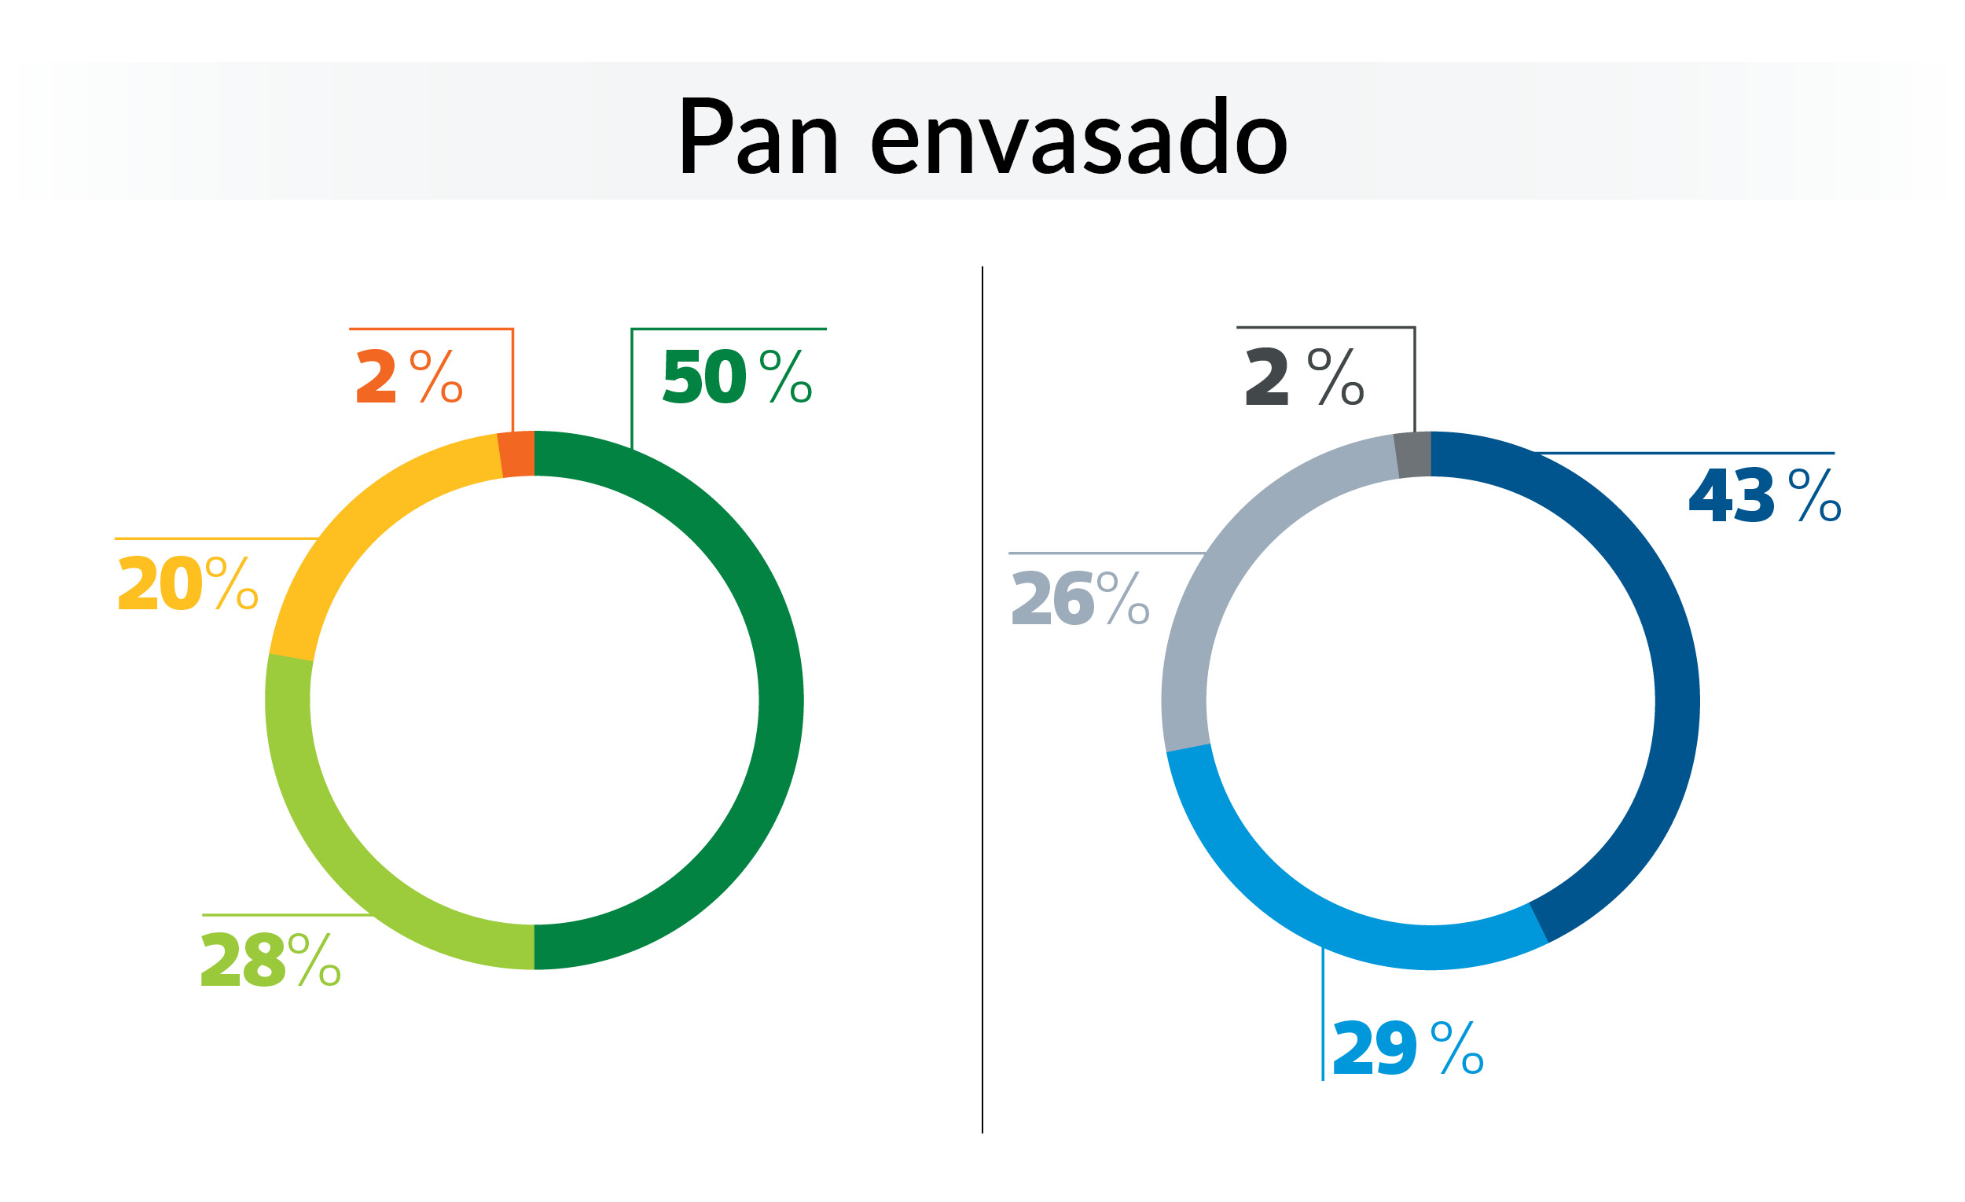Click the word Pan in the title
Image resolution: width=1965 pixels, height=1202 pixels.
(x=758, y=135)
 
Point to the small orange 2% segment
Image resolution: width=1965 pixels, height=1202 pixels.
(x=516, y=454)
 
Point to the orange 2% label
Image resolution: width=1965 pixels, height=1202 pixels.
(x=409, y=377)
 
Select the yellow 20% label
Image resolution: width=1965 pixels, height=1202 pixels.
(x=188, y=584)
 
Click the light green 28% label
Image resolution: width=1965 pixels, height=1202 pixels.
(x=271, y=961)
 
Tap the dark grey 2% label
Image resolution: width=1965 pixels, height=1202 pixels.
(x=1305, y=377)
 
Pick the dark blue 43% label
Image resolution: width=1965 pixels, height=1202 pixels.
(x=1765, y=496)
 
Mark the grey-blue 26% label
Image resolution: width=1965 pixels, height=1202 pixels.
(x=1081, y=598)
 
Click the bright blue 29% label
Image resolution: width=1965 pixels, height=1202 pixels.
(x=1408, y=1047)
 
